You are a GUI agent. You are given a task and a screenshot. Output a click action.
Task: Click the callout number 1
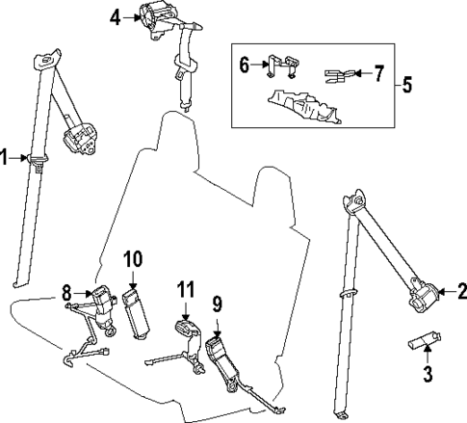(x=5, y=157)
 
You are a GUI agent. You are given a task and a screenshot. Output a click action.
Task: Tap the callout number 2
(x=460, y=290)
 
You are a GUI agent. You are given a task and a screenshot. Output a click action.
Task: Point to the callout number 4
(x=116, y=16)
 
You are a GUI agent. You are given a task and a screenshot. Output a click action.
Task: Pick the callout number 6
(x=245, y=65)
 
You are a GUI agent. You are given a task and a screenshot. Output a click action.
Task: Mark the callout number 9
(x=217, y=304)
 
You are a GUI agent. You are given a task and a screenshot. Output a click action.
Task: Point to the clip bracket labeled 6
(x=279, y=66)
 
